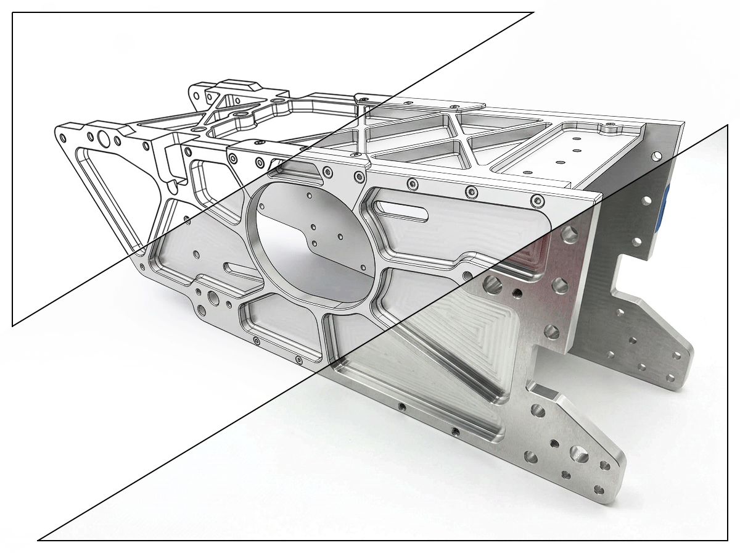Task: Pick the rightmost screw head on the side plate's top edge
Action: click(x=538, y=201)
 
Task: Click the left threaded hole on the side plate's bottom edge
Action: click(x=401, y=407)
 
